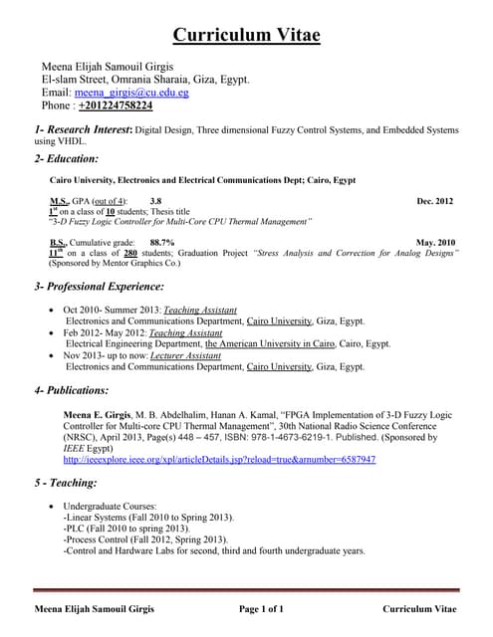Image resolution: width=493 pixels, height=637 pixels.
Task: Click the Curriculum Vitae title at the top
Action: pos(246,36)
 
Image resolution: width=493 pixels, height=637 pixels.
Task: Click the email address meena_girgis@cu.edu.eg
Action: pos(131,93)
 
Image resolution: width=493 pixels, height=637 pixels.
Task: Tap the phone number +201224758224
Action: pos(116,106)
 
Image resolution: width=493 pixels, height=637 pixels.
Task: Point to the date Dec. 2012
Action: pos(435,201)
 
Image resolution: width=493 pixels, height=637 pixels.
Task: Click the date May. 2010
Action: pos(436,242)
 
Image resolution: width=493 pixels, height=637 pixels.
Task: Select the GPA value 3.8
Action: pos(156,201)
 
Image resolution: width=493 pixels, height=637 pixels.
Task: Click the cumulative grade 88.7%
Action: pos(162,242)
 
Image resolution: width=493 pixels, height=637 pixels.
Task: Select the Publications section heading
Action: pos(71,390)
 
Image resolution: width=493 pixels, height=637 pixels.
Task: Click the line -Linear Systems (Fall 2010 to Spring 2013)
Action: pos(147,518)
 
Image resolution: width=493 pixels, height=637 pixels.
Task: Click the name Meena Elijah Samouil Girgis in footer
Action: pos(96,608)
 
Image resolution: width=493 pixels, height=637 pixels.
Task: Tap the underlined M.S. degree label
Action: pos(59,201)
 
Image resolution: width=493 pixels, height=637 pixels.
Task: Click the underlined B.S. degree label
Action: pos(59,242)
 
